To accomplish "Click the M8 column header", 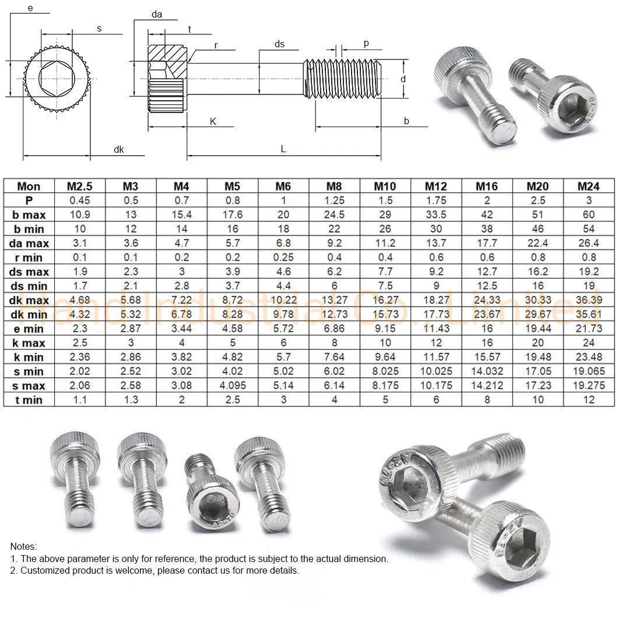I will (x=333, y=187).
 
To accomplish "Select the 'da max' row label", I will (x=30, y=243).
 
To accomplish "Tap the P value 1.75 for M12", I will (x=436, y=201).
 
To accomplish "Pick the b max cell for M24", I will (x=588, y=215).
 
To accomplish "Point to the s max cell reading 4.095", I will (x=232, y=385).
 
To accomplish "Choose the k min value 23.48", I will (x=588, y=357).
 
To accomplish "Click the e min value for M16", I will (x=487, y=328).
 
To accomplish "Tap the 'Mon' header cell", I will (x=29, y=187).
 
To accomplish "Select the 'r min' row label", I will (x=30, y=257).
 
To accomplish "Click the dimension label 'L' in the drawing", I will (x=283, y=149).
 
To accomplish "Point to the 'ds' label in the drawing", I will (x=280, y=44).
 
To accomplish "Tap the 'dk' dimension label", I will (x=119, y=150).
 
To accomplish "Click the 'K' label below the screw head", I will (x=213, y=121).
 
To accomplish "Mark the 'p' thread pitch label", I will (x=366, y=43).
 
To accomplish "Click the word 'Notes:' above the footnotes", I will (x=23, y=546).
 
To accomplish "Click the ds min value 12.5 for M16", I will (x=487, y=286).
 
